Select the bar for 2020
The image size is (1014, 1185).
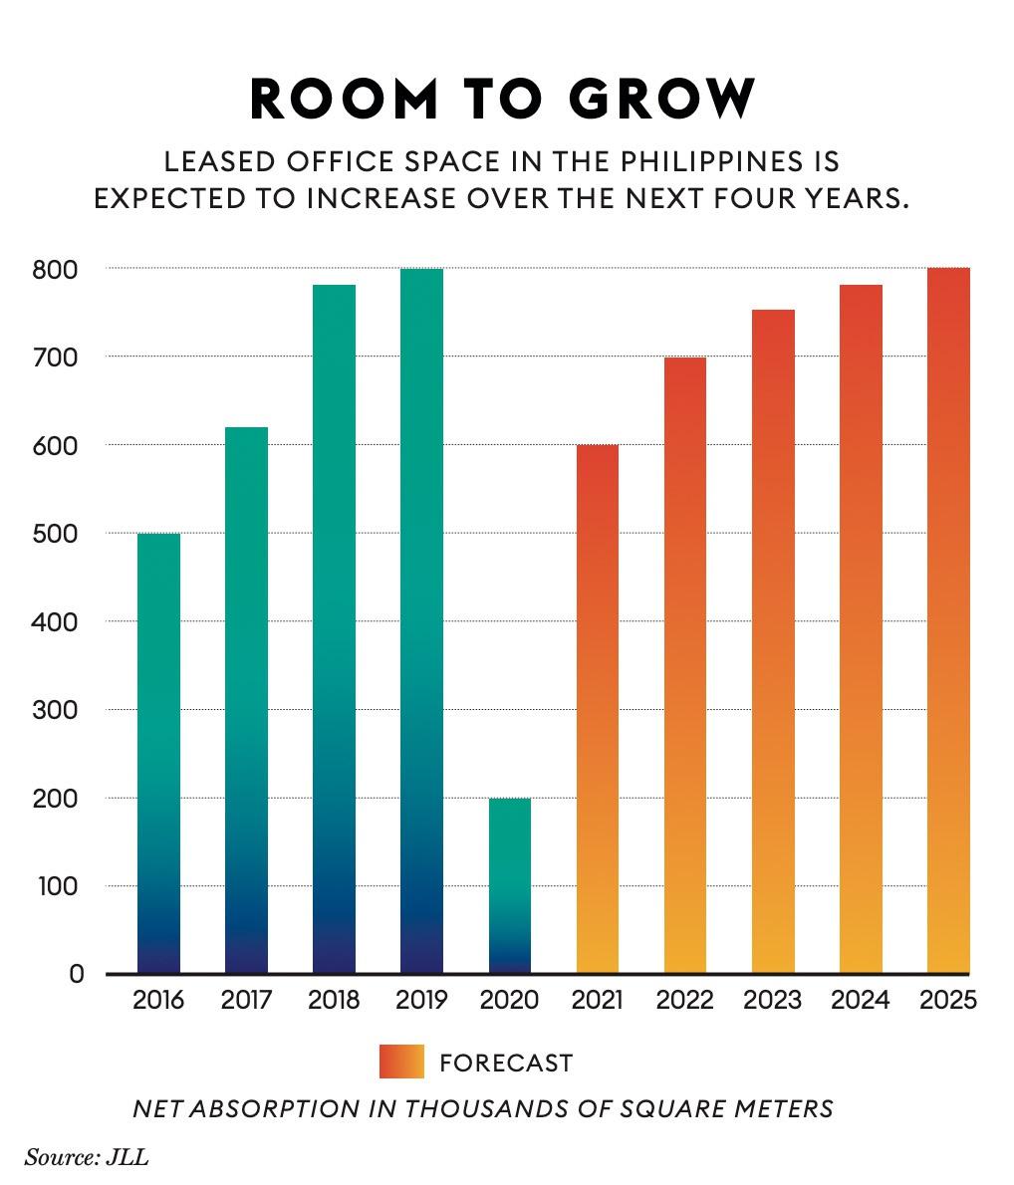coord(509,885)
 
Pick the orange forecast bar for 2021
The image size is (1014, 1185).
coord(597,708)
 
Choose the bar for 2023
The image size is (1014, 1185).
coord(772,641)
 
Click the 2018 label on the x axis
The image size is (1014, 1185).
coord(334,1000)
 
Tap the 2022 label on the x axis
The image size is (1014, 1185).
coord(684,1000)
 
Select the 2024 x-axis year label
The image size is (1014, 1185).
coord(860,1000)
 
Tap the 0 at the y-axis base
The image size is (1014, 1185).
coord(76,974)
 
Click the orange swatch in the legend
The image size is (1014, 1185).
coord(401,1062)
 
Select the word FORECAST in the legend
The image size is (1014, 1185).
coord(506,1063)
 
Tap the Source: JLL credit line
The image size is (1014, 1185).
coord(87,1157)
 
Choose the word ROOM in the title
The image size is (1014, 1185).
coord(343,99)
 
